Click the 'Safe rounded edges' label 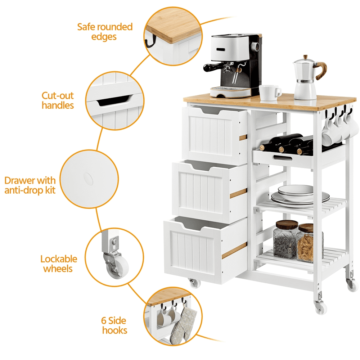(105, 32)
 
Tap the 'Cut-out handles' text (58, 100)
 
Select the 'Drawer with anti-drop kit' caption (30, 185)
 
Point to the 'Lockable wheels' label (59, 264)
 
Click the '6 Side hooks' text (114, 325)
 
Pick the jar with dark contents (285, 239)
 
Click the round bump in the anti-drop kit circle (88, 179)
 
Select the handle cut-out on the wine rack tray (282, 158)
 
